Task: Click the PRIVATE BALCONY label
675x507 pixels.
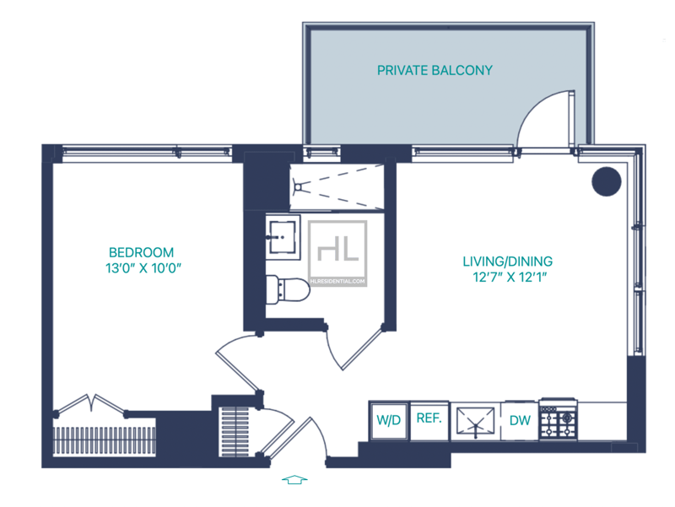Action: point(435,71)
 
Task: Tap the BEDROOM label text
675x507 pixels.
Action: point(142,252)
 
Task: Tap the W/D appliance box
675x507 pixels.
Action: point(388,420)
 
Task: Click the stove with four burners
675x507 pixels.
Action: point(558,419)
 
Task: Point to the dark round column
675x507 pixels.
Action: point(606,181)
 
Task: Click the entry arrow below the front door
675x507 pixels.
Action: point(293,479)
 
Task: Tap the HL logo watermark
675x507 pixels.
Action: point(337,248)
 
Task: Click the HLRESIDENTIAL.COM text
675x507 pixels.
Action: point(337,281)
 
